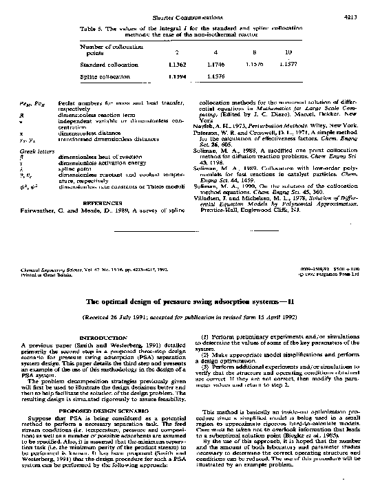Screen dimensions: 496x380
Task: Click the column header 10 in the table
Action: pos(288,52)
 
